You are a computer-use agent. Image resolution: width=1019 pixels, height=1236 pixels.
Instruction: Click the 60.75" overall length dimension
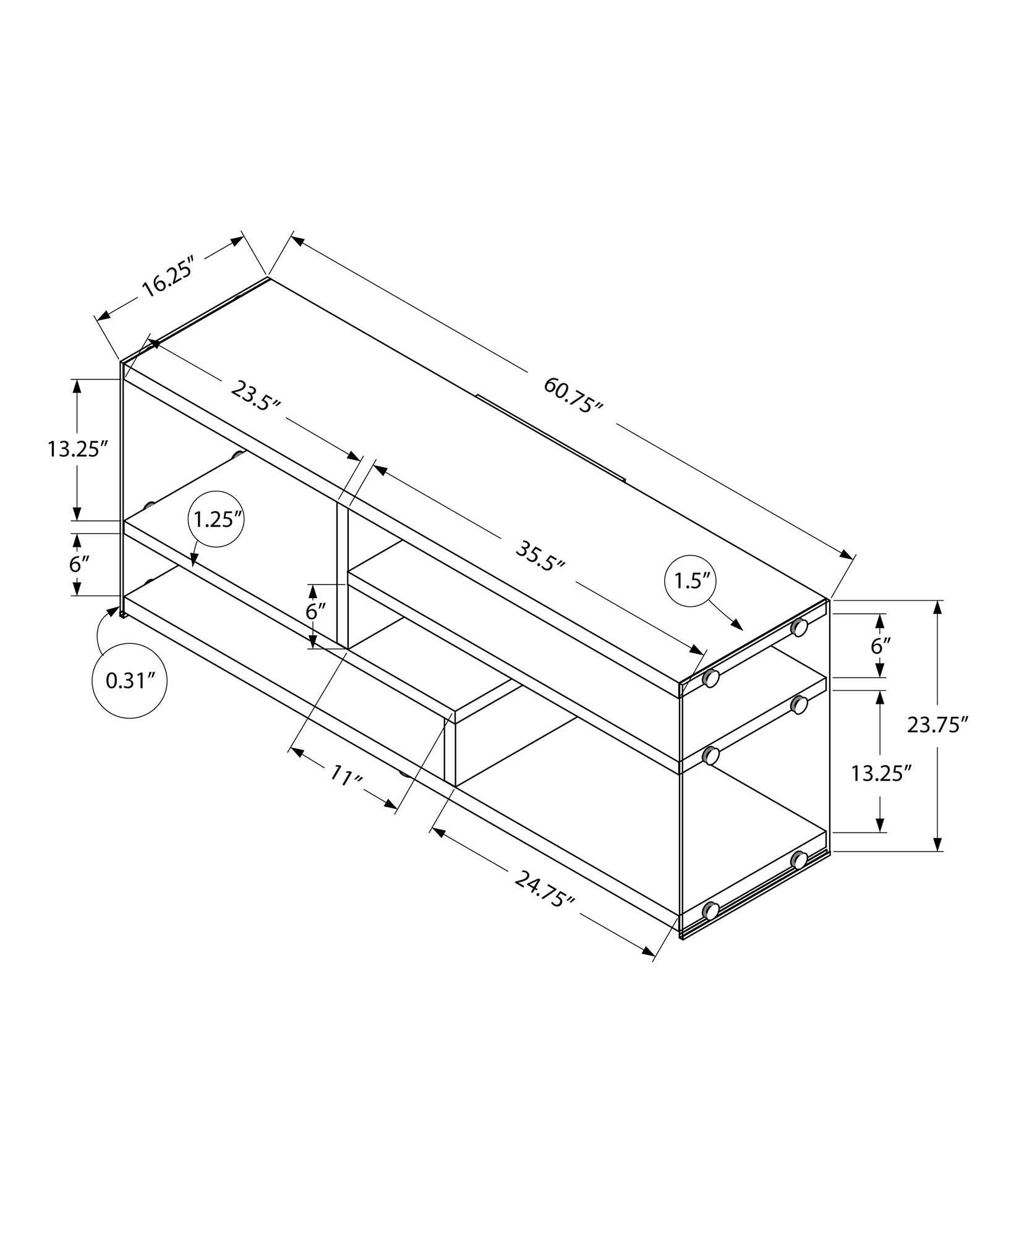coord(573,395)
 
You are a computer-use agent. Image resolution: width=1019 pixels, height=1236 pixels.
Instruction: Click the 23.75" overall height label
coord(936,724)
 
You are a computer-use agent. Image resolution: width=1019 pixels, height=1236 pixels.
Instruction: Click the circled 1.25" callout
coord(216,520)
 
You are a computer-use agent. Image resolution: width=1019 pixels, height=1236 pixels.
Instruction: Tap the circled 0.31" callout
coord(129,680)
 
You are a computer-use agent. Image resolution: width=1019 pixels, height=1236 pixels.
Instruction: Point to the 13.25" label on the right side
coord(881,772)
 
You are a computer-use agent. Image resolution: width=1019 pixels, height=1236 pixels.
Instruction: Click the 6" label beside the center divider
coord(315,611)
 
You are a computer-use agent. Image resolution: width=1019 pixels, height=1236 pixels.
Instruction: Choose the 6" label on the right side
coord(880,646)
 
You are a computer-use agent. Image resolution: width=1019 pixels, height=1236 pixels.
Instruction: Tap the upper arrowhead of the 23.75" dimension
coord(938,607)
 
